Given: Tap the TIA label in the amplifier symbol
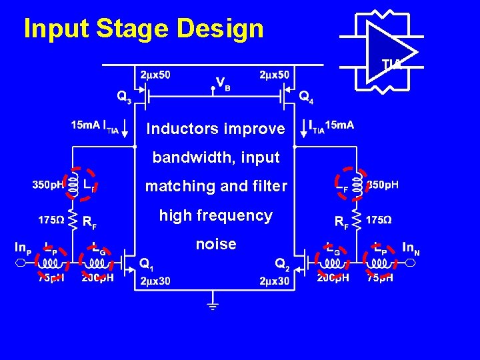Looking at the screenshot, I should (x=391, y=64).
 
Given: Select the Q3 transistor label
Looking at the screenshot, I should (x=124, y=97).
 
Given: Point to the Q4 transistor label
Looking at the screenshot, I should (x=306, y=97).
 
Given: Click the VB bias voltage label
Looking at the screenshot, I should (x=223, y=83).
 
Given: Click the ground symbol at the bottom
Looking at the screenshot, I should (x=213, y=306).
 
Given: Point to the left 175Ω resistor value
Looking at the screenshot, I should (x=51, y=219).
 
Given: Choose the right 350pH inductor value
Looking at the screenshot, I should (x=383, y=185).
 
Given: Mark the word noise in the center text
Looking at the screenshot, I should (x=216, y=244).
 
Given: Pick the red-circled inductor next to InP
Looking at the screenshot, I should (x=51, y=262).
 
